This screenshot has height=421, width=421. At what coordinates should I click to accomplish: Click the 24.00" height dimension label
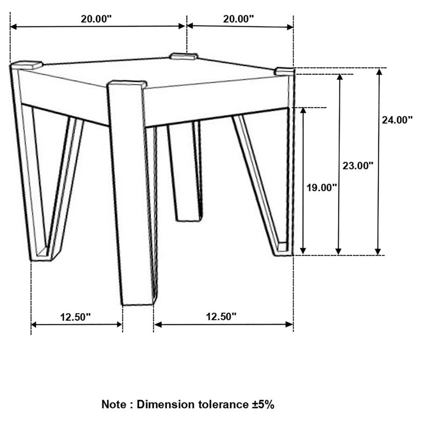point(397,120)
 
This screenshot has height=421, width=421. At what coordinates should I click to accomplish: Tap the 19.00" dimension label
point(322,188)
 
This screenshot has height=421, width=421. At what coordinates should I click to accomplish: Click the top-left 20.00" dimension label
point(96,19)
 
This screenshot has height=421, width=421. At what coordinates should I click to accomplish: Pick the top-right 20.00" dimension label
point(238,19)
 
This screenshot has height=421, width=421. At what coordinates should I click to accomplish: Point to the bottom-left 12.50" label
point(75,317)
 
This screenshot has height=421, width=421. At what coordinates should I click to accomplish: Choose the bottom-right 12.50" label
point(221,317)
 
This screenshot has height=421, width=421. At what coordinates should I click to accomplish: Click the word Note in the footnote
point(113,405)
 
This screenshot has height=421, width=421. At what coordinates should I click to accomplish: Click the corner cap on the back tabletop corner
point(184,57)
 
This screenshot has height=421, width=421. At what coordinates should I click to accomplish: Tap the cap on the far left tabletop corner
point(28,65)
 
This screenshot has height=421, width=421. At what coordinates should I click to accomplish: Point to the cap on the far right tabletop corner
point(285,71)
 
